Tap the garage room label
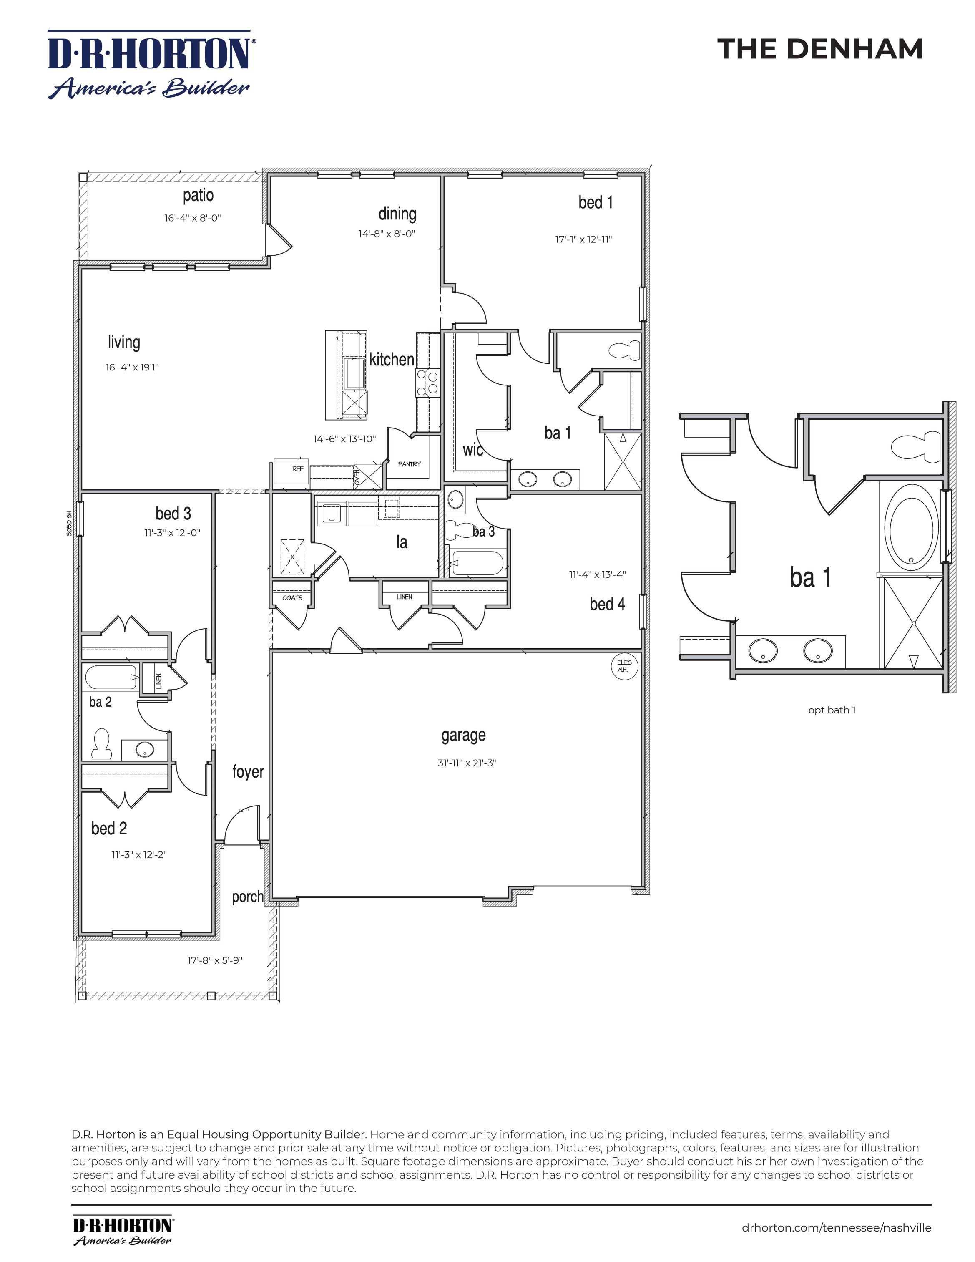[x=463, y=735]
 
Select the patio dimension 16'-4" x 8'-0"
[x=192, y=219]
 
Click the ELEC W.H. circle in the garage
[x=623, y=666]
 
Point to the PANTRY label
[x=409, y=464]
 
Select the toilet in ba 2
[x=102, y=744]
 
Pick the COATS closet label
[x=292, y=597]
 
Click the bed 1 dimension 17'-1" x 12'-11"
[x=583, y=239]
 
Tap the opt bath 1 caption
[x=832, y=710]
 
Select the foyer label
[x=248, y=771]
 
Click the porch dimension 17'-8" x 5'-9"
[x=214, y=960]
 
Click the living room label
[x=123, y=342]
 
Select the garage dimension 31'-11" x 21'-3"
[x=467, y=763]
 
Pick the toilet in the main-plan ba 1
[x=625, y=350]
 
